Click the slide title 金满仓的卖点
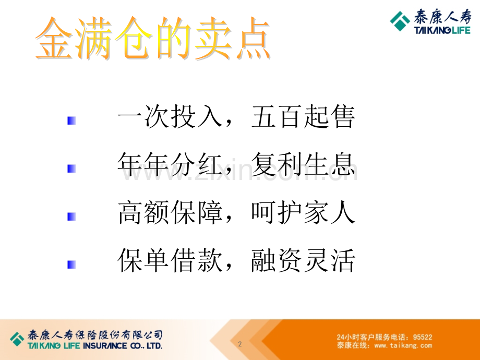coord(153,38)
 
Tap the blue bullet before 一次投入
coord(71,121)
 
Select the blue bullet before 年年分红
coord(71,169)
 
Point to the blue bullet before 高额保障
coord(71,217)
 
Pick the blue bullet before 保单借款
coord(71,265)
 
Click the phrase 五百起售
coord(303,116)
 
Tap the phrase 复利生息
coord(303,164)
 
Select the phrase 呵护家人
coord(303,212)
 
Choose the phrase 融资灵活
coord(303,260)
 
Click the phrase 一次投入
coord(170,116)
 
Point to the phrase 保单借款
coord(170,260)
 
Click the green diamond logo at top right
coord(400,21)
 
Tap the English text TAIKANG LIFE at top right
coord(442,30)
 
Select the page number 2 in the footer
coord(240,344)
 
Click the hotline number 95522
coord(423,337)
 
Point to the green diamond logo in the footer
coord(17,339)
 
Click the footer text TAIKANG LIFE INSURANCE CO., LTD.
coord(95,346)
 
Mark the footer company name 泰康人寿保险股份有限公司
coord(95,335)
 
